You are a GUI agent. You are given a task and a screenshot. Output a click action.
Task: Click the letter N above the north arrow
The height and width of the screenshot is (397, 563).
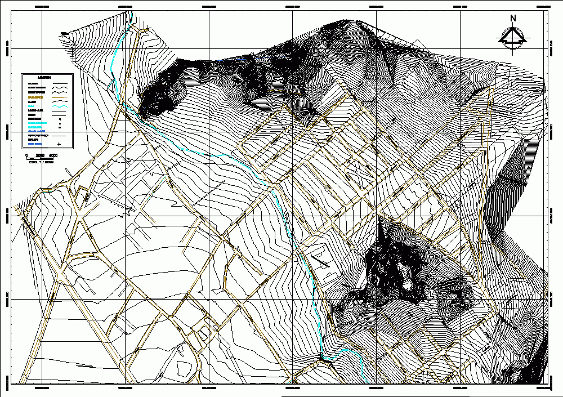[513, 18]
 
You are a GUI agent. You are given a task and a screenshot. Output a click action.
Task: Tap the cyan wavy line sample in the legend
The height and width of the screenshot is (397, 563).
[60, 107]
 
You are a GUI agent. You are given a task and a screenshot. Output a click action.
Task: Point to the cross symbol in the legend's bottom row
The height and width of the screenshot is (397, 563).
[59, 144]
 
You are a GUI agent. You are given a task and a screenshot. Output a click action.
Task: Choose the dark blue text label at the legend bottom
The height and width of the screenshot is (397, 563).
[34, 144]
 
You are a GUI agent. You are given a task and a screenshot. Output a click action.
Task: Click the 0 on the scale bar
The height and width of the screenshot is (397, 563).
[26, 155]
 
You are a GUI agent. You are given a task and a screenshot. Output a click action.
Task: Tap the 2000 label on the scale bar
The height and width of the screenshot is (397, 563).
[40, 155]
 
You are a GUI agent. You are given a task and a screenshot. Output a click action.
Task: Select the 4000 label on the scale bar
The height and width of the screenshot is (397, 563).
[53, 155]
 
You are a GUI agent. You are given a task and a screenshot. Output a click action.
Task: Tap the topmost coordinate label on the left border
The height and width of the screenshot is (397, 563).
[7, 46]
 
